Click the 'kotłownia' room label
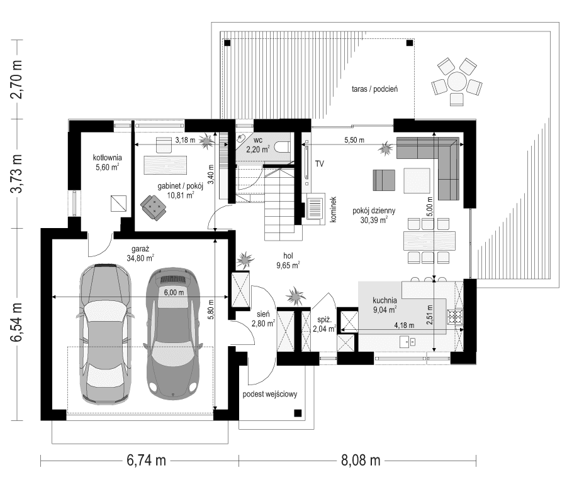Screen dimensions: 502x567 pos(108,158)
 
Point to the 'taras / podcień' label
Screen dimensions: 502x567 pos(375,90)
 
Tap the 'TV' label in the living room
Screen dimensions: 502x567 pos(319,164)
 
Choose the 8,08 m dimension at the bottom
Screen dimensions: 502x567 pos(361,461)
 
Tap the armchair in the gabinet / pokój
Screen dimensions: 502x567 pos(152,205)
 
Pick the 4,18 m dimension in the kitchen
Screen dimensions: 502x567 pos(404,325)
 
